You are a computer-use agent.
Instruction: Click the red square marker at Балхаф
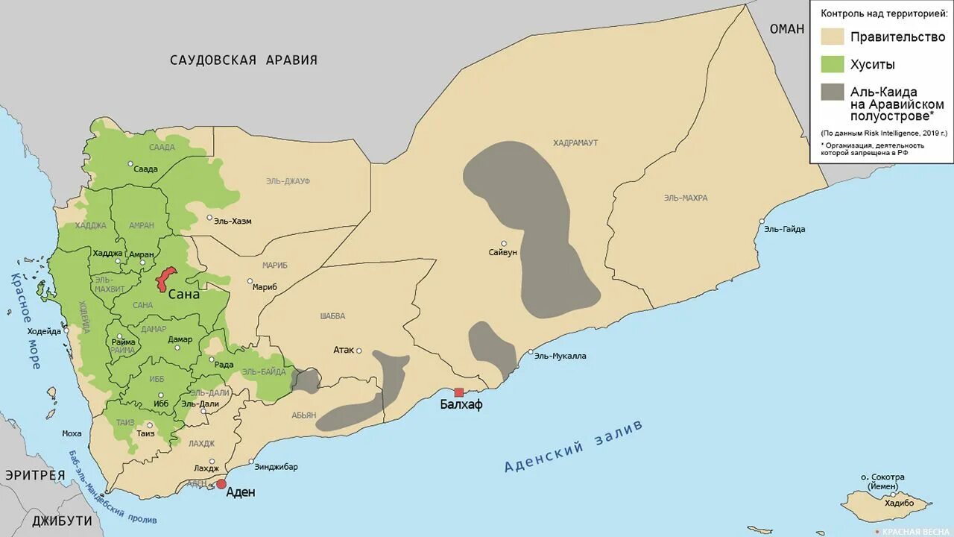tap(459, 392)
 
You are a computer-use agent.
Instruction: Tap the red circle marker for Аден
tap(221, 484)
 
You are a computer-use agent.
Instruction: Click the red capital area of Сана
tap(165, 279)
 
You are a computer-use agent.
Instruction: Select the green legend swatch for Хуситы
tap(833, 65)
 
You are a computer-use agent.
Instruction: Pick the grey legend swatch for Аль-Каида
tap(833, 92)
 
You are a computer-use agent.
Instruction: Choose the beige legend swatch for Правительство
tap(833, 37)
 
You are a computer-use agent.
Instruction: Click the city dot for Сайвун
tap(504, 243)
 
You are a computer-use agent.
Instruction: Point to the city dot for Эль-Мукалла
tap(531, 352)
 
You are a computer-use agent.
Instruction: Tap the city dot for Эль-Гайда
tap(762, 221)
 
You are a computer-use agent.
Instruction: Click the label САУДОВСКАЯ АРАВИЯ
tap(243, 60)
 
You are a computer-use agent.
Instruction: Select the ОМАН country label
tap(787, 29)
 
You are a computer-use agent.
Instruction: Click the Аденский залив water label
tap(573, 447)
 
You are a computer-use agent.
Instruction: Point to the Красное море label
tap(25, 321)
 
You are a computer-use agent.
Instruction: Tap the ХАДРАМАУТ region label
tap(575, 142)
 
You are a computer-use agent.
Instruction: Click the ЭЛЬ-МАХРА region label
tap(685, 198)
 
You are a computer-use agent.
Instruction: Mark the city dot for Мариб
tap(250, 281)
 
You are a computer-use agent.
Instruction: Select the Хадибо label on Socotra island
tap(898, 503)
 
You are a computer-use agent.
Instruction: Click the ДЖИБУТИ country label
tap(62, 521)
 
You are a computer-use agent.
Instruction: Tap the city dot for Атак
tap(358, 351)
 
